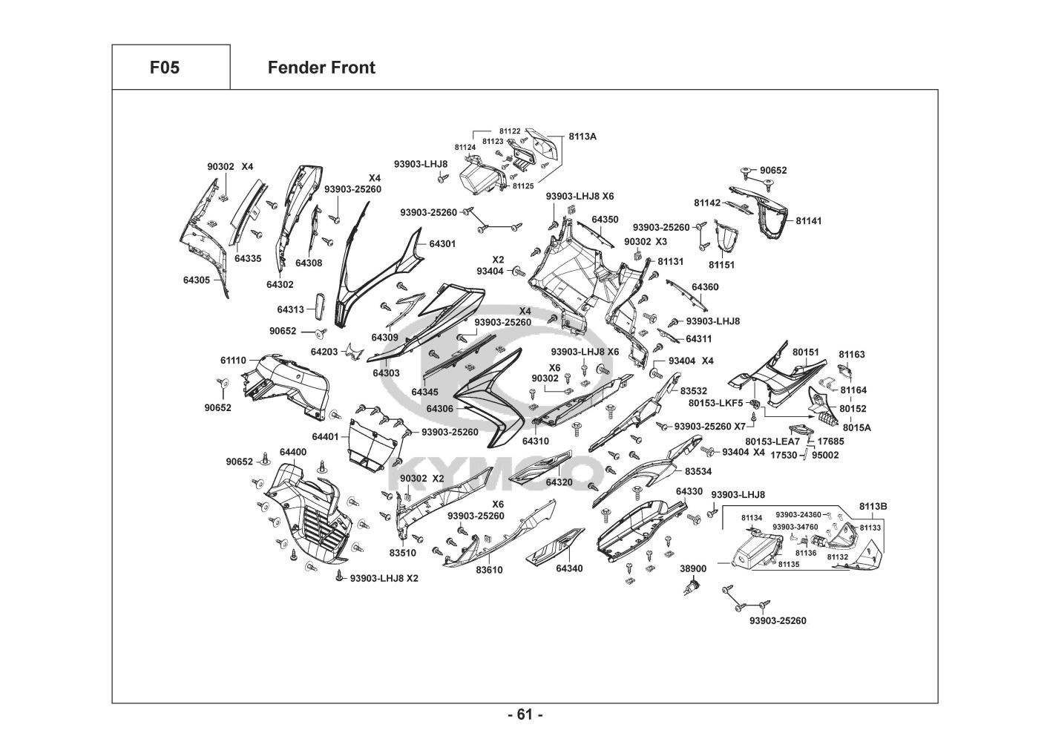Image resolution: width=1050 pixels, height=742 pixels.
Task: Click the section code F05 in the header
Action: [164, 68]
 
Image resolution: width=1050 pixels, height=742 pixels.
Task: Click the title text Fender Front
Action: [321, 68]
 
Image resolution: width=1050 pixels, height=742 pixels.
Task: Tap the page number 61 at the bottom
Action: [525, 715]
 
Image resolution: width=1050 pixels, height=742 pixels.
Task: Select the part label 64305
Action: [197, 280]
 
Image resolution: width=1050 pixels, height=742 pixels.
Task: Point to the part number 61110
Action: [233, 361]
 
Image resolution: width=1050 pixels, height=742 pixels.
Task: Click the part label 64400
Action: [293, 452]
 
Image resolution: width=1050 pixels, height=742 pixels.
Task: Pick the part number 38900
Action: [693, 568]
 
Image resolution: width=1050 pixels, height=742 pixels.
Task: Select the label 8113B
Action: [873, 506]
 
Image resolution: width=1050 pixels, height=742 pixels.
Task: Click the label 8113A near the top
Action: [583, 137]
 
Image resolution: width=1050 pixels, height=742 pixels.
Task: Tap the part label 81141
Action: [809, 221]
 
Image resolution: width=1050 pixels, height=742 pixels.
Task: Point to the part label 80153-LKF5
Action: [715, 403]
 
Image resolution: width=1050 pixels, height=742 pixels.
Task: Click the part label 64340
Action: [569, 568]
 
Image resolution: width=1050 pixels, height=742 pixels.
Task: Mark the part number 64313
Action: [291, 309]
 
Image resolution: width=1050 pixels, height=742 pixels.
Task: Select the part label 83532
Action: [694, 391]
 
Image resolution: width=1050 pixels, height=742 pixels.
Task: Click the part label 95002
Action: [825, 455]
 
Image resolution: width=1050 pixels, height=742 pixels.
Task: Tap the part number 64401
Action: [325, 437]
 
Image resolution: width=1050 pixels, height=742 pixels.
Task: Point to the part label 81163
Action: [852, 355]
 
